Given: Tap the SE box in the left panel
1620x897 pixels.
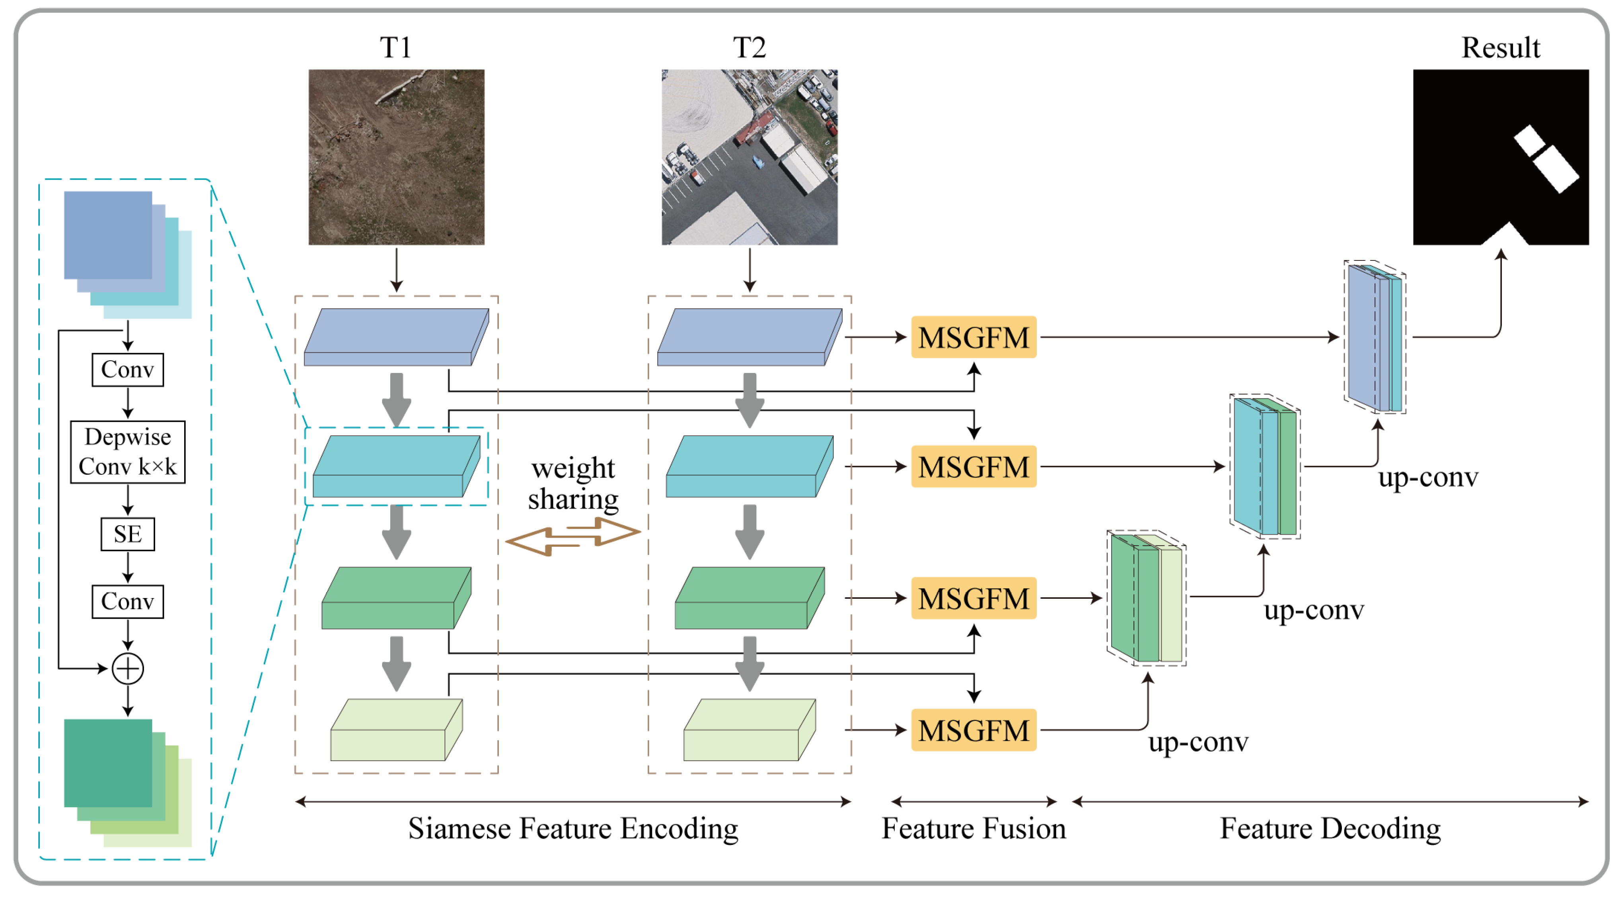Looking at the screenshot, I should pos(128,534).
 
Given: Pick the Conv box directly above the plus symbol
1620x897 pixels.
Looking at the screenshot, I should pos(128,602).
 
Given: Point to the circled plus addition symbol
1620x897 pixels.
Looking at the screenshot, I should pos(128,668).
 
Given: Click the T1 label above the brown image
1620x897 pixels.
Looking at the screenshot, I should pos(395,47).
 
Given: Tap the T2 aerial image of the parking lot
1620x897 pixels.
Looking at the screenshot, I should pos(749,157).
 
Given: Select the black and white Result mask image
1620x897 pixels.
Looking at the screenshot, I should pos(1501,157).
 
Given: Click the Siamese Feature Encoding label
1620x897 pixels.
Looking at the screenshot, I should pos(573,829).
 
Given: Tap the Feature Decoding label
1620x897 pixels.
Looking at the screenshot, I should pos(1330,829).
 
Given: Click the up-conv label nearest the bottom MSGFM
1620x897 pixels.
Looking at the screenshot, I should pos(1198,742).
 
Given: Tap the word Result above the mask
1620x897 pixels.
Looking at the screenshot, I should pos(1501,47).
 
